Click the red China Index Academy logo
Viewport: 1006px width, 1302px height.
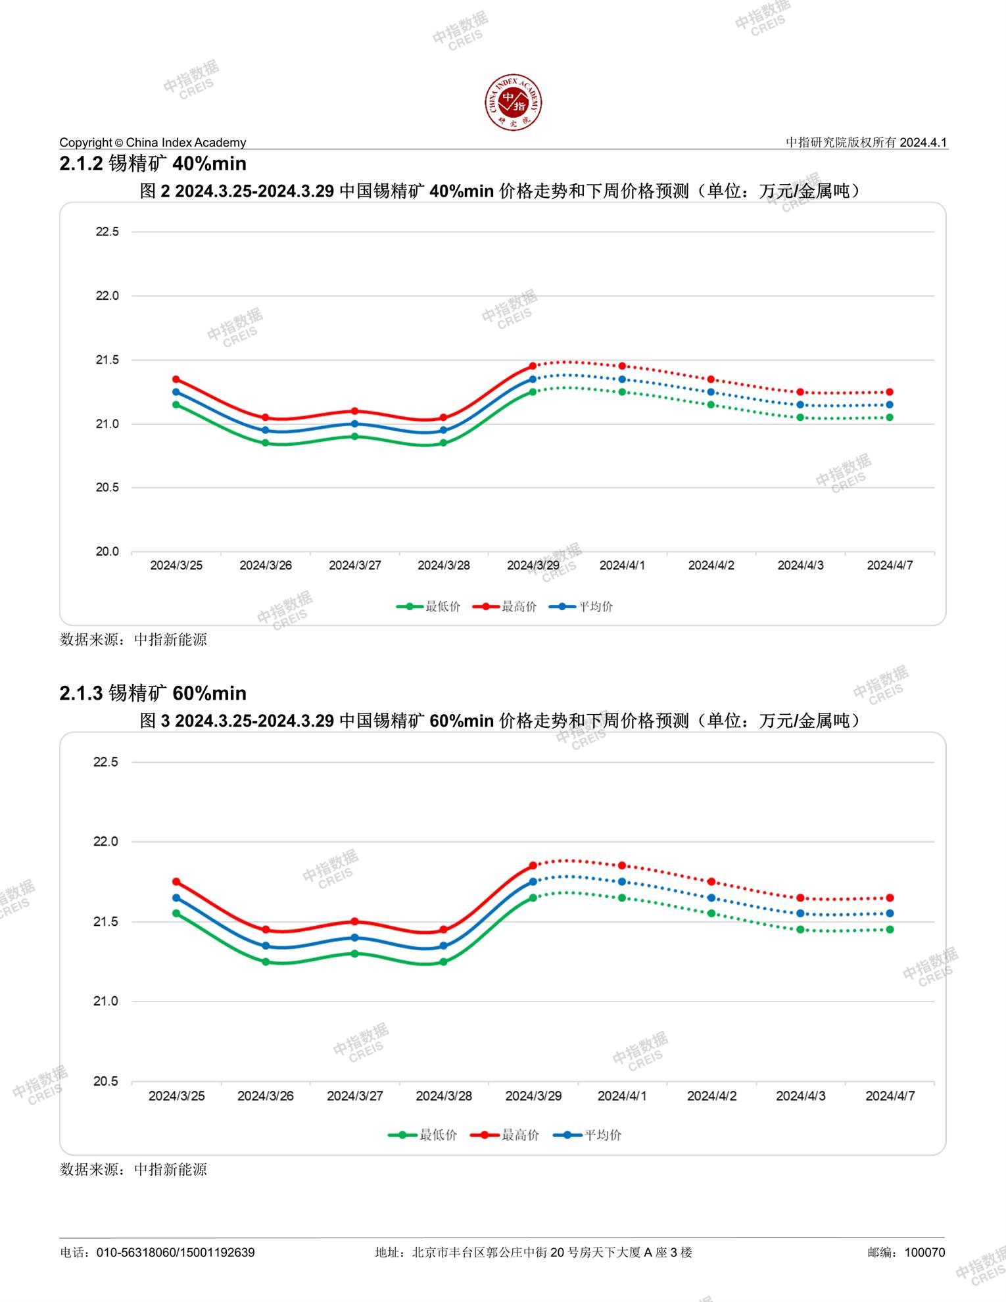[514, 103]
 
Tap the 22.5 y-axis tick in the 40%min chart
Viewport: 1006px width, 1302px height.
[107, 231]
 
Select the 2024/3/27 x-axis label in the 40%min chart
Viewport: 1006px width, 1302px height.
[354, 566]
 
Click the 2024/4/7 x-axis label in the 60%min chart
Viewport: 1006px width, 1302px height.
[890, 1096]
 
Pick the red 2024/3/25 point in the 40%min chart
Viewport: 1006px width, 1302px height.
[176, 379]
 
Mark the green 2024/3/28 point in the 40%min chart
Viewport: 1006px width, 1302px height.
[443, 443]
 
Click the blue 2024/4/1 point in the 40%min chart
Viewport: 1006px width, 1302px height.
[622, 379]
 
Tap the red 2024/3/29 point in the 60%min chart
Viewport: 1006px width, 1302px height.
[533, 865]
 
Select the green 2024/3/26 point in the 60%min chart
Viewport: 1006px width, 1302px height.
[266, 961]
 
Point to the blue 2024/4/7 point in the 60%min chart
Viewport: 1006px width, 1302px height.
[890, 913]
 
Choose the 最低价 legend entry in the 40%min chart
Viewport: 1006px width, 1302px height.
[429, 606]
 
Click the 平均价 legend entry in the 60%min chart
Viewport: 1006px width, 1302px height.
[588, 1134]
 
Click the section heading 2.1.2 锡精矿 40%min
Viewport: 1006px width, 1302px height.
[153, 163]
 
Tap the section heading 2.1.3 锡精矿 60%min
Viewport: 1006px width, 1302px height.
[153, 693]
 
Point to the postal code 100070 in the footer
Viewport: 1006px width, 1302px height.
[924, 1252]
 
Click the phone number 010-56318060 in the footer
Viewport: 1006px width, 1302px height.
[136, 1252]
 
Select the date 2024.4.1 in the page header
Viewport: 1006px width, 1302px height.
[923, 142]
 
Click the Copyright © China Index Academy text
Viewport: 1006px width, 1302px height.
[153, 142]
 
